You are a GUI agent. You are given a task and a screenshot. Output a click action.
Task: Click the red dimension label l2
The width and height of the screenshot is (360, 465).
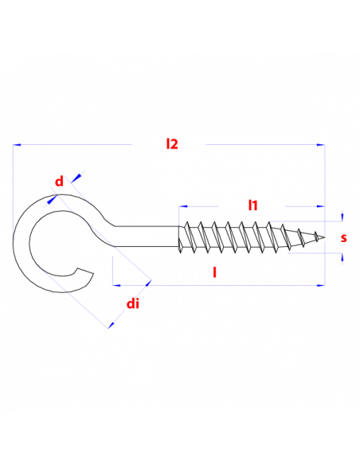[x=172, y=144]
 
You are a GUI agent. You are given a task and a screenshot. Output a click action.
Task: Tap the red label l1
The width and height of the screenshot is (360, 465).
[x=253, y=205]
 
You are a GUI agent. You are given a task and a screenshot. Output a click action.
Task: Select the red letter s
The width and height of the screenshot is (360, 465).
[x=344, y=238]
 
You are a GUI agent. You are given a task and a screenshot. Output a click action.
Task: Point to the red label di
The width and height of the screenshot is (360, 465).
[x=132, y=303]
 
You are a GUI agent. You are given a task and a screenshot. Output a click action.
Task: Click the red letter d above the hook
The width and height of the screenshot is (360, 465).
[x=59, y=181]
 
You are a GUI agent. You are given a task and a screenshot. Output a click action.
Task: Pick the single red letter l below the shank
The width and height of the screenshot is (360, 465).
[x=215, y=272]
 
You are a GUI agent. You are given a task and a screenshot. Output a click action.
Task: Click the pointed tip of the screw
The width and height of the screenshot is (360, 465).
[x=324, y=237]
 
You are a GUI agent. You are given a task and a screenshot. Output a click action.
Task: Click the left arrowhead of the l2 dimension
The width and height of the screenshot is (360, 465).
[x=17, y=145]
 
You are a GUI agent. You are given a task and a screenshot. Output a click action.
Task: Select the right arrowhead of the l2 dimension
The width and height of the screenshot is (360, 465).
[x=320, y=145]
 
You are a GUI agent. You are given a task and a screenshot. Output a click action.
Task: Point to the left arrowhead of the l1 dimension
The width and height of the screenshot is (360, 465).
[x=183, y=206]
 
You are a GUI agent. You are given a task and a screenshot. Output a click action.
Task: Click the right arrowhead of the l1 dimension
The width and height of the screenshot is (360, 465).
[x=320, y=206]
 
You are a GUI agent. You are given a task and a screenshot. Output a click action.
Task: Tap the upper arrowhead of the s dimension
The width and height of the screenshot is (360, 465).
[x=342, y=217]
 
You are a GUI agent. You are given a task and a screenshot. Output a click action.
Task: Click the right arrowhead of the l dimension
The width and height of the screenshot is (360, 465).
[x=320, y=285]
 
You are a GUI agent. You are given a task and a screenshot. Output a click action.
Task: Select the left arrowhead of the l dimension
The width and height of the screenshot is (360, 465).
[x=117, y=285]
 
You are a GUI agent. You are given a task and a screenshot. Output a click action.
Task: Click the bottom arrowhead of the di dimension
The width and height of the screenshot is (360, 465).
[x=112, y=325]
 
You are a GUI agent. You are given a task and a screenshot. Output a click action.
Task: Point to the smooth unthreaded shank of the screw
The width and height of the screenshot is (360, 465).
[x=147, y=236]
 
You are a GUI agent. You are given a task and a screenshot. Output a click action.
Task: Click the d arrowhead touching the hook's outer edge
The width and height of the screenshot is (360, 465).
[x=53, y=199]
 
